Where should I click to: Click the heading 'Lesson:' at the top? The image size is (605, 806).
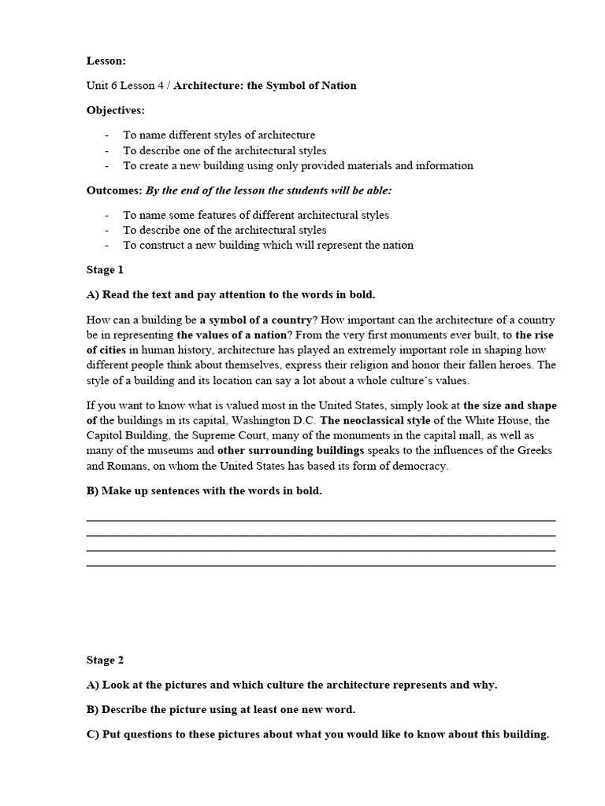pos(106,61)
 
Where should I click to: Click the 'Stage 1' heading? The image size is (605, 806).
pos(105,270)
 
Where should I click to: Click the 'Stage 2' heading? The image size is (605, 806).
pos(105,660)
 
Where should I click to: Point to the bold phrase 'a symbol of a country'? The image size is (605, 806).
pos(256,320)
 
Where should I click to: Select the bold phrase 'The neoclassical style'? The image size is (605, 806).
pos(375,420)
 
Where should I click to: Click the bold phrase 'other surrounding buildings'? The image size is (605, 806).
pos(291,451)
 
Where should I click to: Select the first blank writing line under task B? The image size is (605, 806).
pos(320,520)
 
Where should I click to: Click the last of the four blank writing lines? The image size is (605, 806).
pos(320,565)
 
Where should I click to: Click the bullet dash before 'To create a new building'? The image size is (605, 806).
pos(106,166)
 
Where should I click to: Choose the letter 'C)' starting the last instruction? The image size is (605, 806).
pos(93,734)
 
